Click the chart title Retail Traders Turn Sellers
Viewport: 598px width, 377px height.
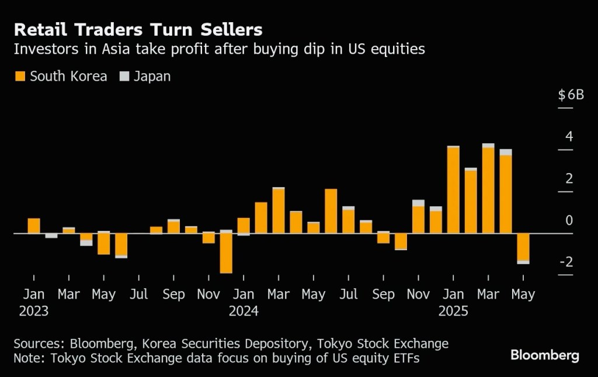click(x=138, y=30)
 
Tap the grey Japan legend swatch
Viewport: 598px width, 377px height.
click(x=124, y=76)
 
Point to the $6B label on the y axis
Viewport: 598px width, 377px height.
click(x=571, y=95)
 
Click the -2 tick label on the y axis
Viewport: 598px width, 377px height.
click(x=566, y=262)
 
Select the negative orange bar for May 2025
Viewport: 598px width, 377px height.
click(x=523, y=247)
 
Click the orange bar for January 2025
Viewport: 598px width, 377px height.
click(x=453, y=191)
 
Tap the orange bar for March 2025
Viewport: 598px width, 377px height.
click(x=488, y=191)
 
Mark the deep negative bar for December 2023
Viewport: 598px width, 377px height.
click(x=226, y=254)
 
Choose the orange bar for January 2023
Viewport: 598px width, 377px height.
click(x=34, y=226)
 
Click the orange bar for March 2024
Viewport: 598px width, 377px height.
click(x=279, y=211)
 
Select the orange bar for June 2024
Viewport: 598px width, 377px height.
click(x=331, y=211)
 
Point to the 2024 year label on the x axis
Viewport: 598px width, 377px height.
click(x=244, y=312)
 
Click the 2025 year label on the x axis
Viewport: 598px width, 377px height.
click(x=453, y=312)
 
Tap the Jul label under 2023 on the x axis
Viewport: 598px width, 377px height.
click(x=138, y=294)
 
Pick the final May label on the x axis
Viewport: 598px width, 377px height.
click(x=523, y=294)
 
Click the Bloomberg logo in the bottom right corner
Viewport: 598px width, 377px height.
click(x=544, y=355)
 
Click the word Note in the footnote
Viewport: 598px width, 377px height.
click(x=27, y=358)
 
